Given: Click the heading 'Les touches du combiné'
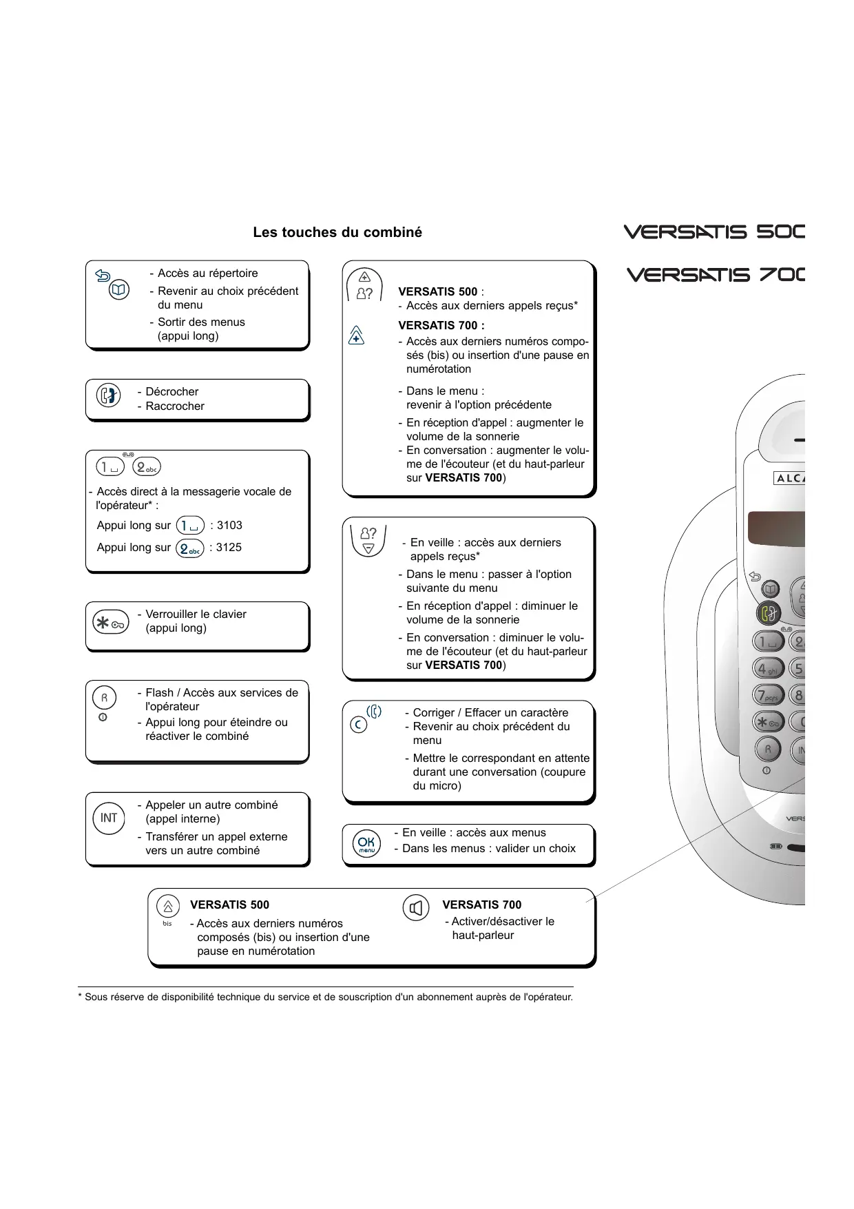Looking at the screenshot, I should click(x=337, y=232).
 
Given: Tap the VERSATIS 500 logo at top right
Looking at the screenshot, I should click(x=714, y=231).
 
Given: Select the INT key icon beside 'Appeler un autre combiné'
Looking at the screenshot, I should click(x=109, y=818).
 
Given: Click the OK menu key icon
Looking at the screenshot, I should click(x=366, y=843).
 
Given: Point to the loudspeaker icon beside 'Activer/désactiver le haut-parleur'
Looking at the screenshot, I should click(x=415, y=909).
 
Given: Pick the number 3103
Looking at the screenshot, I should click(x=229, y=526).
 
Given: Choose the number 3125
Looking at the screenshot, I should click(x=229, y=548).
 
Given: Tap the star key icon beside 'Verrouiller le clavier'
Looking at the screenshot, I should click(x=110, y=623).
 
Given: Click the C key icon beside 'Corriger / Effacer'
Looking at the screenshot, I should click(x=358, y=725).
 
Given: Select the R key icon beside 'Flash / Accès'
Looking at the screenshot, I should click(x=104, y=698).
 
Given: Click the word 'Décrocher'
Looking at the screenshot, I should click(x=171, y=392).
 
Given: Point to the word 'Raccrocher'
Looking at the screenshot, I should click(x=175, y=406).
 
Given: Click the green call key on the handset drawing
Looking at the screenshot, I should click(x=768, y=612).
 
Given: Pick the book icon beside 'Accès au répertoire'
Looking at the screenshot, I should click(x=119, y=290).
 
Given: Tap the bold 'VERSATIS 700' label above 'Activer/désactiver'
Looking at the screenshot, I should click(x=481, y=905).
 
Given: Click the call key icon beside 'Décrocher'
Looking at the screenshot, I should click(x=109, y=396).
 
